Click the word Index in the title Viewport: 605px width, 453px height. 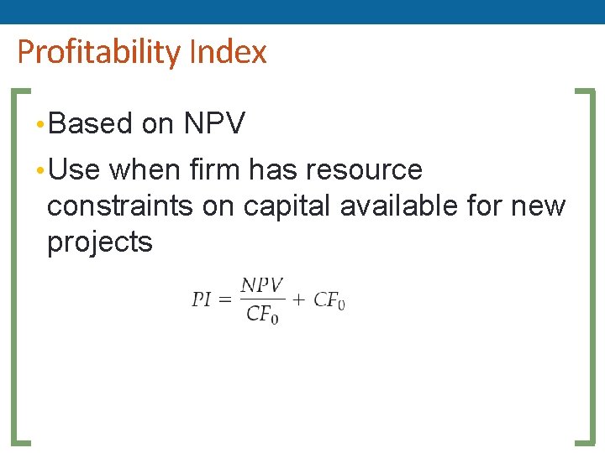click(x=228, y=52)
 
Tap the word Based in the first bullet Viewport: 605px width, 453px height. click(x=91, y=124)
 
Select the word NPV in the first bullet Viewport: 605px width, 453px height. click(x=214, y=124)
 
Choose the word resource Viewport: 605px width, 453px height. click(x=364, y=170)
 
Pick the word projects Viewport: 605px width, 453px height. click(x=100, y=243)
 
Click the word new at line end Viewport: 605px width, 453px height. click(x=543, y=206)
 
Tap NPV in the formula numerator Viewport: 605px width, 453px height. click(x=262, y=286)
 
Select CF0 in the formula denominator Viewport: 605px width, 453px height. click(x=262, y=315)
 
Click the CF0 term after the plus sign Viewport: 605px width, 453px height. click(x=329, y=301)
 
